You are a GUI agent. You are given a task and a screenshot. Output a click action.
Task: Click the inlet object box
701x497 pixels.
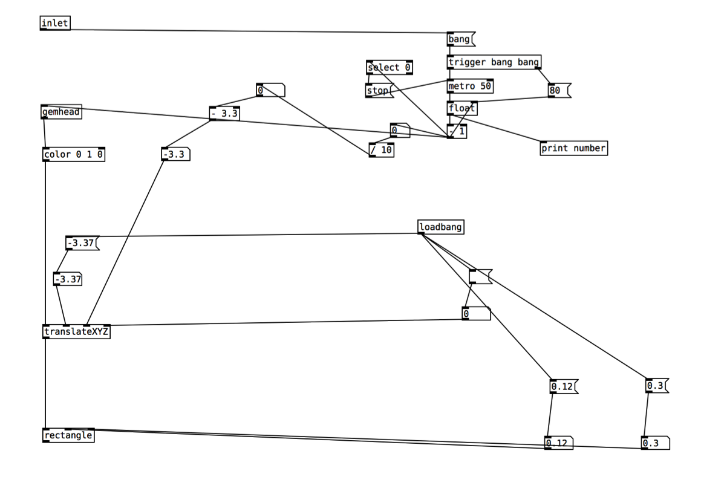click(x=55, y=23)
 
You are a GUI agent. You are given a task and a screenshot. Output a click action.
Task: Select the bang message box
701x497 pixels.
click(x=461, y=39)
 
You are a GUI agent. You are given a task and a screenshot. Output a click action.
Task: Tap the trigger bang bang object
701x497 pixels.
click(x=494, y=62)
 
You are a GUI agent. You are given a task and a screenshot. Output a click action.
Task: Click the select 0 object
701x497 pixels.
click(x=390, y=68)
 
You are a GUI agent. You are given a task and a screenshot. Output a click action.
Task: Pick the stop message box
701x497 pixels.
click(x=379, y=91)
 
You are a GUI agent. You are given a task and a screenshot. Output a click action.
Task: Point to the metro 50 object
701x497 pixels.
click(x=470, y=86)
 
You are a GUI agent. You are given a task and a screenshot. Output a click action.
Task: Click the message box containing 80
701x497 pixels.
click(x=559, y=90)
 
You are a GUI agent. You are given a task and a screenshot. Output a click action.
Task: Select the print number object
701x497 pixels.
click(x=573, y=148)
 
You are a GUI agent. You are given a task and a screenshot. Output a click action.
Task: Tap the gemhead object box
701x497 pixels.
click(x=61, y=112)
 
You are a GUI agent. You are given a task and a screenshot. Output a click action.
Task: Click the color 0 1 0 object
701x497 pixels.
click(x=74, y=155)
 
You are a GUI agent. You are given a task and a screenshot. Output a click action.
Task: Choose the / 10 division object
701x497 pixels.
click(x=382, y=150)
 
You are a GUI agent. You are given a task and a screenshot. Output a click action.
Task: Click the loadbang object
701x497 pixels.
click(x=441, y=227)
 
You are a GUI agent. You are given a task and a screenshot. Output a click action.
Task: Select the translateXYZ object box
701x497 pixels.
click(x=76, y=331)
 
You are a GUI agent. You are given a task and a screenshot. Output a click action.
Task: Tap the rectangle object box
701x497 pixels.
click(x=68, y=435)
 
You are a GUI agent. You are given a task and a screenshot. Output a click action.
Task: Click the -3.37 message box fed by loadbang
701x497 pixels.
click(x=82, y=243)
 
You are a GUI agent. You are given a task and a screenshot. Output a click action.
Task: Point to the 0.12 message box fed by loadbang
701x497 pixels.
click(x=564, y=386)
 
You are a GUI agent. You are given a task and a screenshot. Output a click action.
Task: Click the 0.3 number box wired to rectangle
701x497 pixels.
click(x=656, y=443)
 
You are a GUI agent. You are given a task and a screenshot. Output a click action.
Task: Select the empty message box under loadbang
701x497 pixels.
click(x=481, y=277)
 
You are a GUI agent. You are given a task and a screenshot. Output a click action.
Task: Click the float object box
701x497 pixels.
click(x=462, y=108)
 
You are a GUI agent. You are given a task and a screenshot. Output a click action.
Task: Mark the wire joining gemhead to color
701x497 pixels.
click(x=44, y=133)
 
